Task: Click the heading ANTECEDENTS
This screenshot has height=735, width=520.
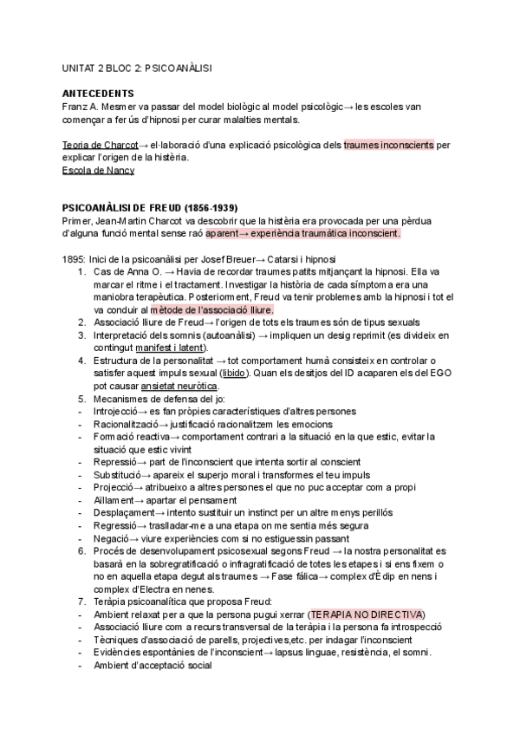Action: click(98, 93)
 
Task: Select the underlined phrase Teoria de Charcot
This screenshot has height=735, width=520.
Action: click(101, 145)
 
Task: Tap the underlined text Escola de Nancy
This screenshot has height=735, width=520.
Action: click(98, 171)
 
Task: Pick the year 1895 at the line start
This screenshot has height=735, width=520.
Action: click(73, 261)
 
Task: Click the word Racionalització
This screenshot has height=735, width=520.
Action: click(126, 426)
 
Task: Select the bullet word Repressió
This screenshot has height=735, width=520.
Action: click(114, 463)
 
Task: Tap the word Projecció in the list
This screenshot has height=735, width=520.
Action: click(114, 488)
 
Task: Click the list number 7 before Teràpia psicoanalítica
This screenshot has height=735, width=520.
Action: click(81, 602)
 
